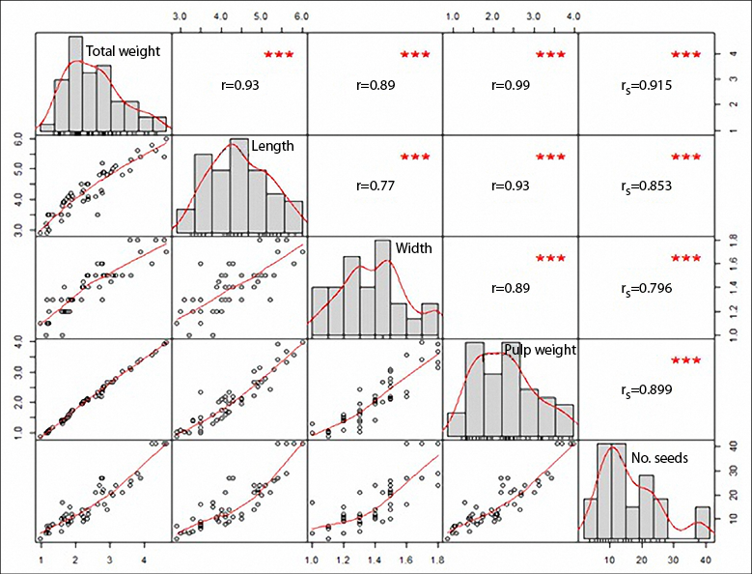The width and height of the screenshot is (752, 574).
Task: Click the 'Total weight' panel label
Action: pyautogui.click(x=123, y=51)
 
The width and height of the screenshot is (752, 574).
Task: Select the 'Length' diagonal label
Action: pyautogui.click(x=272, y=146)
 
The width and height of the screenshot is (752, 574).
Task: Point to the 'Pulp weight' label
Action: pyautogui.click(x=539, y=350)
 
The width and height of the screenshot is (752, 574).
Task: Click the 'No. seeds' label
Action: pyautogui.click(x=658, y=458)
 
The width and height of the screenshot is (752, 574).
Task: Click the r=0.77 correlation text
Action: pyautogui.click(x=376, y=185)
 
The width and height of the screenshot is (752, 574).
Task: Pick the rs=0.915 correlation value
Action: pyautogui.click(x=647, y=85)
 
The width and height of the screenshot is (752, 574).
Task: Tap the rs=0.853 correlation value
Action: pyautogui.click(x=647, y=185)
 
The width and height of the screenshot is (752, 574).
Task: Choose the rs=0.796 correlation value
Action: pyautogui.click(x=647, y=288)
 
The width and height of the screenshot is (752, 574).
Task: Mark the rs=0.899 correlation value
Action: pyautogui.click(x=647, y=390)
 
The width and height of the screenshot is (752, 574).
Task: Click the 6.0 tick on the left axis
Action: pyautogui.click(x=19, y=139)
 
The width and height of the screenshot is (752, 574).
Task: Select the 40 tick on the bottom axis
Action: pyautogui.click(x=706, y=559)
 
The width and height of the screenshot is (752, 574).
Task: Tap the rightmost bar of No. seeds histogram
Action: pyautogui.click(x=702, y=522)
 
